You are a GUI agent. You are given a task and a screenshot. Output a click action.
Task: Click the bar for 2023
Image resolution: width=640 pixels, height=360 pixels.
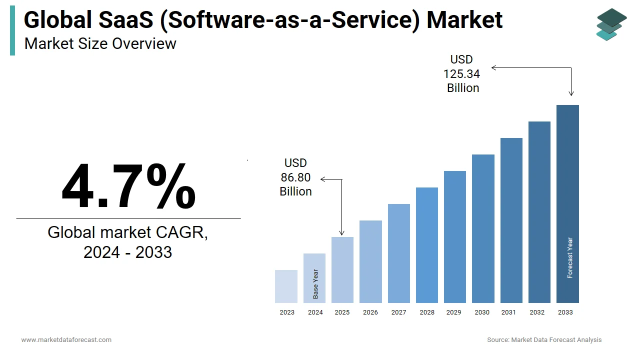pyautogui.click(x=286, y=286)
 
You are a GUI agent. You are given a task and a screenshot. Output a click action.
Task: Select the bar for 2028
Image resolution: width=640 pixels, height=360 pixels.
pyautogui.click(x=427, y=245)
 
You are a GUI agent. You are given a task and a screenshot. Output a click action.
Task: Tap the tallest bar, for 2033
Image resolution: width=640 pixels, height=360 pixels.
pyautogui.click(x=567, y=204)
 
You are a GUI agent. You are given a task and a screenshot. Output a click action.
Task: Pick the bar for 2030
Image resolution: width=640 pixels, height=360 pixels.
pyautogui.click(x=483, y=228)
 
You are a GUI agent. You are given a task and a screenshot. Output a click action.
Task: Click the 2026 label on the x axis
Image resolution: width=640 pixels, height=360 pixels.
pyautogui.click(x=370, y=312)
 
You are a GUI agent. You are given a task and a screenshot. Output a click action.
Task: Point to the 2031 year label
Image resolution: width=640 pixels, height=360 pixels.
pyautogui.click(x=508, y=312)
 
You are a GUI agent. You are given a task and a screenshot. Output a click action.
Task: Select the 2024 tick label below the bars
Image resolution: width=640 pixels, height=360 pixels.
pyautogui.click(x=315, y=312)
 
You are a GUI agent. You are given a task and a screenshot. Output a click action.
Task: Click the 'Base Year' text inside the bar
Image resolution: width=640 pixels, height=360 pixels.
pyautogui.click(x=315, y=284)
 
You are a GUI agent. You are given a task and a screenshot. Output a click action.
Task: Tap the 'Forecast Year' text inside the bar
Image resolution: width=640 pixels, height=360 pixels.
pyautogui.click(x=570, y=258)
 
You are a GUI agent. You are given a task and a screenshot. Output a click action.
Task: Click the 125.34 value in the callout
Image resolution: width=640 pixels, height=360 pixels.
pyautogui.click(x=461, y=74)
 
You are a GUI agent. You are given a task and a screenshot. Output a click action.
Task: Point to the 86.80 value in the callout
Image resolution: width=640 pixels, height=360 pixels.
pyautogui.click(x=295, y=177)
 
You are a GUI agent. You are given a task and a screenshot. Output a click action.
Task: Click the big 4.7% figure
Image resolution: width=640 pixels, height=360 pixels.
pyautogui.click(x=128, y=186)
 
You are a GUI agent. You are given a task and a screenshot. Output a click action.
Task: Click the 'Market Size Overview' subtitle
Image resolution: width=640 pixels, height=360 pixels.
pyautogui.click(x=100, y=44)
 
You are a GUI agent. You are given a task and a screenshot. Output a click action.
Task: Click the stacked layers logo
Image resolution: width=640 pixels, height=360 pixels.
pyautogui.click(x=611, y=24)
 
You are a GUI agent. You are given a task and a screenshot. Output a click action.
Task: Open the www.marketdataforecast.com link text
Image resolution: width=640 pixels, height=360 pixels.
pyautogui.click(x=66, y=340)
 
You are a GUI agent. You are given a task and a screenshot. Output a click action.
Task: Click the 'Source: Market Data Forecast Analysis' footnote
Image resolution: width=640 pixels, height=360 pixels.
pyautogui.click(x=544, y=340)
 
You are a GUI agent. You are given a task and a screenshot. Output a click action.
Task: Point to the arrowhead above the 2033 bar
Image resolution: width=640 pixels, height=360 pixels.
pyautogui.click(x=571, y=93)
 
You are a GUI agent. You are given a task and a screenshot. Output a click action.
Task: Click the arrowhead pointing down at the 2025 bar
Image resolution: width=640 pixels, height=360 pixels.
pyautogui.click(x=342, y=233)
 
